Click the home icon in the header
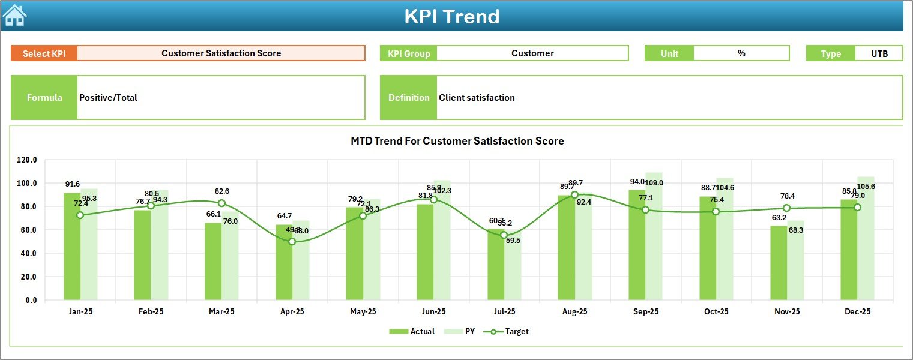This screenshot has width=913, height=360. (14, 15)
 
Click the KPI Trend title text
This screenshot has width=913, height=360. (451, 16)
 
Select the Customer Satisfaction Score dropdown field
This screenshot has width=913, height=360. (221, 53)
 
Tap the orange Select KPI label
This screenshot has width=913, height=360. (44, 53)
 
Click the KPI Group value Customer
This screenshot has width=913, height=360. (532, 53)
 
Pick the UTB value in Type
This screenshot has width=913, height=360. (879, 53)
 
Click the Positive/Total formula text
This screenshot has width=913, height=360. (108, 98)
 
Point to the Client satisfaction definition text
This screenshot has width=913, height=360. (477, 98)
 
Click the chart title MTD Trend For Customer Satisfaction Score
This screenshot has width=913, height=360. (457, 141)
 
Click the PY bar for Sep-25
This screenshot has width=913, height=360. (654, 240)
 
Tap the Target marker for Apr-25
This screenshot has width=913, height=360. (292, 241)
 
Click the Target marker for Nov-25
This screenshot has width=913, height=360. (786, 208)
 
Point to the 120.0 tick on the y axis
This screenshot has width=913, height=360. (26, 160)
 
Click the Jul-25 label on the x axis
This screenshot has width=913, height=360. (504, 312)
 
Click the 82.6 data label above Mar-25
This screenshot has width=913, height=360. (221, 191)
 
